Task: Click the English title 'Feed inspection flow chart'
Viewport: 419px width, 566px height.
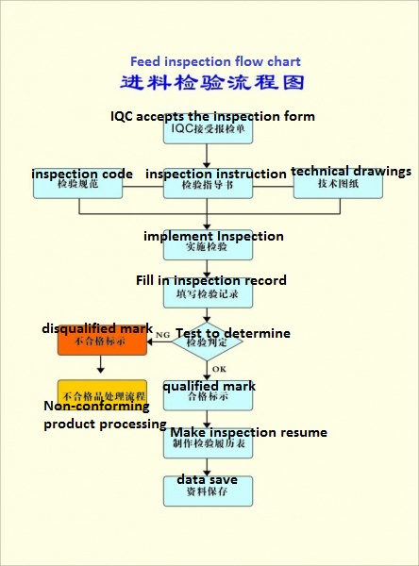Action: [x=215, y=61]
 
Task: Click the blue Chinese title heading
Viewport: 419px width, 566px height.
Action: [x=213, y=83]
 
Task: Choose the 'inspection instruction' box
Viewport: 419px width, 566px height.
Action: [x=209, y=185]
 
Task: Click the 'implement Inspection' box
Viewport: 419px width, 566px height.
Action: [x=208, y=245]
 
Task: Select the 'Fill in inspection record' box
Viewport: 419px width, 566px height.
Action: [x=208, y=292]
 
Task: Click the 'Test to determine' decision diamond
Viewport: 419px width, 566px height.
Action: [x=208, y=341]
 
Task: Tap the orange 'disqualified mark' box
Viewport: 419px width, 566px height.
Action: [x=102, y=341]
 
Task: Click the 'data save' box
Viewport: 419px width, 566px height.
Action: [x=208, y=491]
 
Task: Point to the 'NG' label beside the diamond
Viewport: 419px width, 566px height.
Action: [x=162, y=334]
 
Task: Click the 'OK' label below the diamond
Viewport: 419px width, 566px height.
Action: [x=219, y=369]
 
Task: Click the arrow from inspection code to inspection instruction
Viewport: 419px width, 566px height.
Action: [x=142, y=185]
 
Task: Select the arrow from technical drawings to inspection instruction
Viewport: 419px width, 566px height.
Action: [x=274, y=185]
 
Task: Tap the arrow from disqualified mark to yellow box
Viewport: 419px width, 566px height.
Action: [x=102, y=367]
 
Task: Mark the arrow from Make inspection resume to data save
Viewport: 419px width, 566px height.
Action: [x=208, y=466]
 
